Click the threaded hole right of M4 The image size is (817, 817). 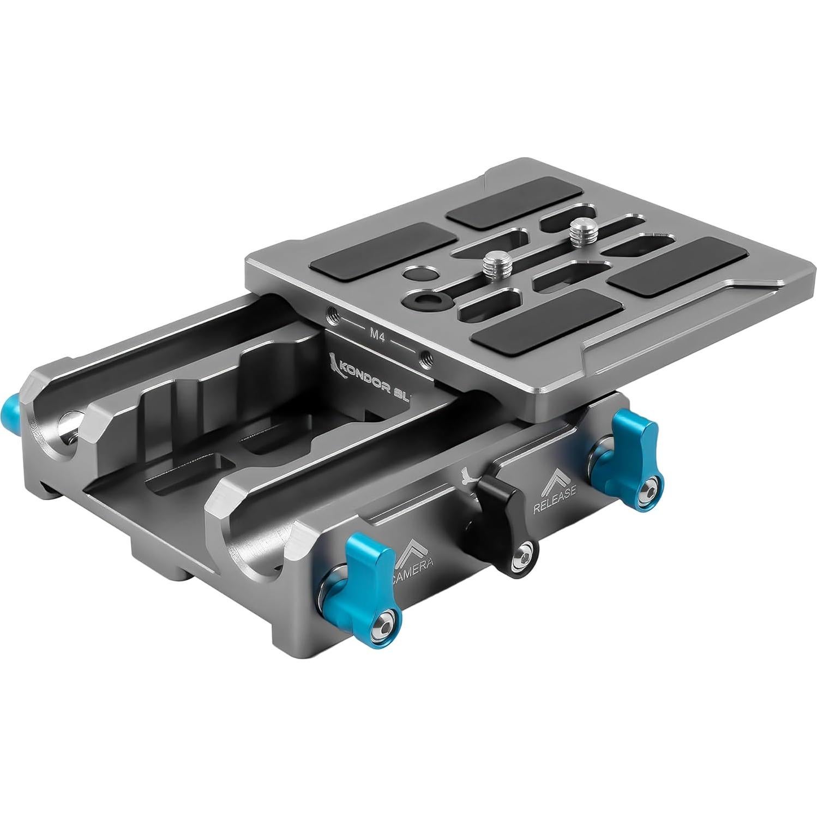[x=425, y=358]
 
